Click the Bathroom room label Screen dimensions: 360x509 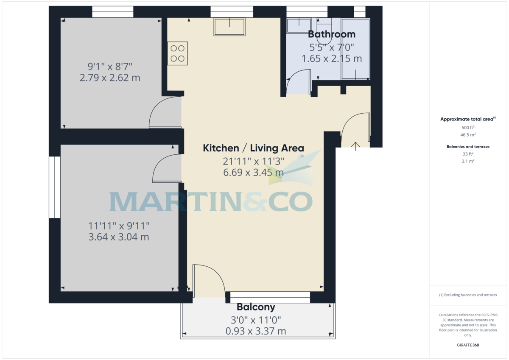click(x=332, y=34)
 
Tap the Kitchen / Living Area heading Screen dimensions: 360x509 click(x=253, y=148)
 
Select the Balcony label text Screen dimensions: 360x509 click(x=256, y=307)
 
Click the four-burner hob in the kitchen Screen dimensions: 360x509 click(x=178, y=53)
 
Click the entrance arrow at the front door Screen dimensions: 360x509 click(x=355, y=146)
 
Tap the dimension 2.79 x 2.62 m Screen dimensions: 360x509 click(x=110, y=78)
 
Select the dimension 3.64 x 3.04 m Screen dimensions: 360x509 click(x=118, y=237)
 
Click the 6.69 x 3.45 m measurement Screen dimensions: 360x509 click(x=253, y=172)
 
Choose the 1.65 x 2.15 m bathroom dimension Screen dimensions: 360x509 click(x=332, y=59)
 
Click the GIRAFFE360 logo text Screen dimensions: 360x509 click(x=467, y=345)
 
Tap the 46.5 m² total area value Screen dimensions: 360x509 click(x=468, y=134)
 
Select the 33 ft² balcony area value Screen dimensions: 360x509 click(x=468, y=154)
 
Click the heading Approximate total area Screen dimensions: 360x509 click(x=467, y=119)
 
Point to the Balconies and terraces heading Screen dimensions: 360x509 click(x=468, y=147)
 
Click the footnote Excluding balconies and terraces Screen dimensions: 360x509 click(x=468, y=295)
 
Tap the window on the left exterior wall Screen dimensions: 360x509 click(x=55, y=187)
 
